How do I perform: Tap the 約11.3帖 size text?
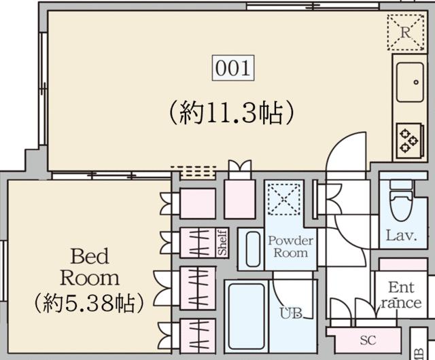230,112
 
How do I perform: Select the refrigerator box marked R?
405,32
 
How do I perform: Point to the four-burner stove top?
408,139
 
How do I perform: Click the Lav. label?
402,236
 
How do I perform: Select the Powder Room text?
290,247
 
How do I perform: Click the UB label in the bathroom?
292,313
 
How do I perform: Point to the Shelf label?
222,242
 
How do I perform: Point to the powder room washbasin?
253,249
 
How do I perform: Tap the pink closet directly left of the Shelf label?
198,242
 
